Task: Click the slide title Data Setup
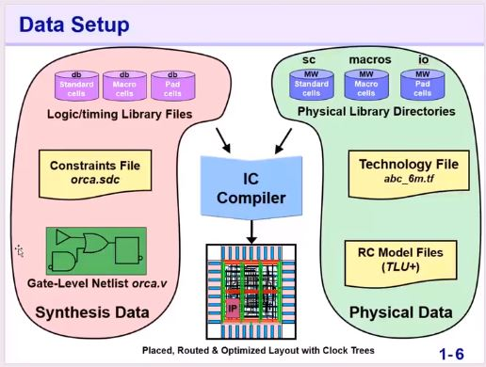(68, 22)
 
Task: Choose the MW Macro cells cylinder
(363, 85)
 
